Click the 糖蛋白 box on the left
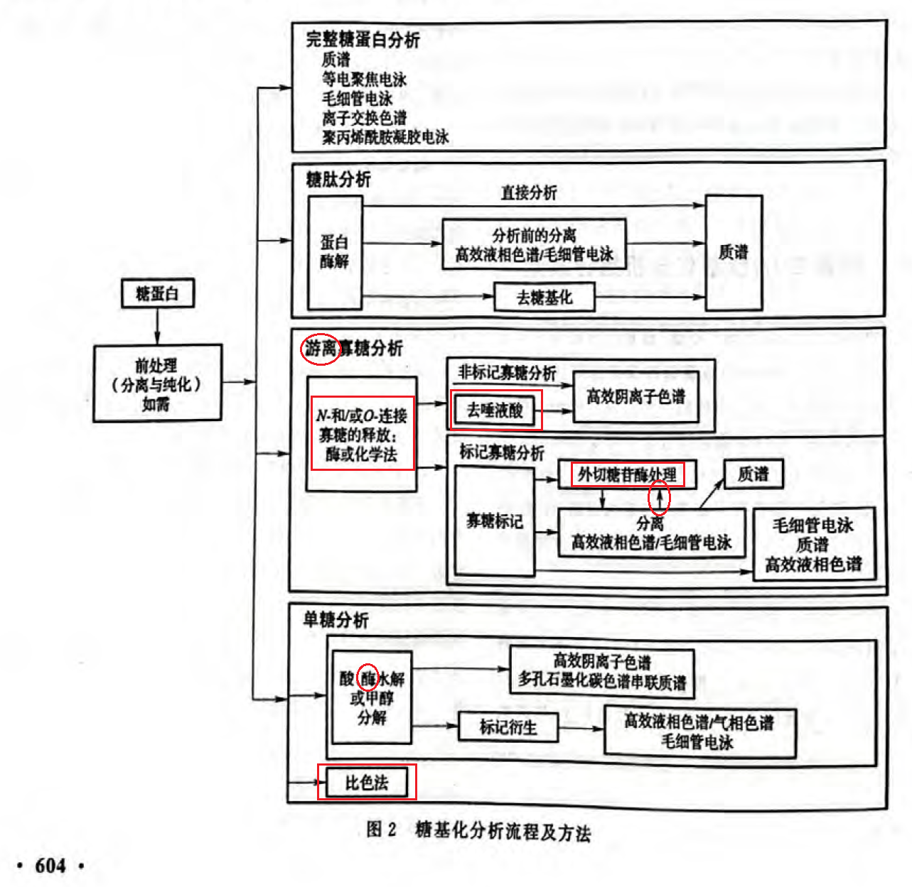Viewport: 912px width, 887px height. [x=157, y=293]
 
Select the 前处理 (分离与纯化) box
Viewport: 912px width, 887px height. [x=157, y=384]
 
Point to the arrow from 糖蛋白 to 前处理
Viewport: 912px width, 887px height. [x=157, y=327]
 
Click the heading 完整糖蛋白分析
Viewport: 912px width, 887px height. [x=363, y=40]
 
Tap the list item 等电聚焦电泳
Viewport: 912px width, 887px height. [x=364, y=80]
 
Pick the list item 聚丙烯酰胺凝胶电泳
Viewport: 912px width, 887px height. [x=385, y=137]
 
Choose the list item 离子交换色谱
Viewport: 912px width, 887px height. [x=364, y=118]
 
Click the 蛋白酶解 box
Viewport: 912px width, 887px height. [x=335, y=252]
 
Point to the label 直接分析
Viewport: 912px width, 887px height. [x=529, y=192]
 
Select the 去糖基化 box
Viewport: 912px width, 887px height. [x=544, y=298]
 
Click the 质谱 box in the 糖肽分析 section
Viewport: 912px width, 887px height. [x=734, y=252]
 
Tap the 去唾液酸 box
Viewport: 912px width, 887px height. [x=495, y=410]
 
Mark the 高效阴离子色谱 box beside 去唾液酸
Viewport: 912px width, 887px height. [x=635, y=397]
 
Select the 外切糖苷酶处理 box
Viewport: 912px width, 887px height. [x=627, y=474]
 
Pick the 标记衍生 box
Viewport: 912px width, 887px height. [x=508, y=727]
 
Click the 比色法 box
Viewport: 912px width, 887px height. [x=367, y=783]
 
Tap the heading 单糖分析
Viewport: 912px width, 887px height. [x=336, y=620]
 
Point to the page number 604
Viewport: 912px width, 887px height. [x=50, y=866]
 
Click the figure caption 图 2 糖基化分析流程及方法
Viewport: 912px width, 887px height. [x=478, y=830]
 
